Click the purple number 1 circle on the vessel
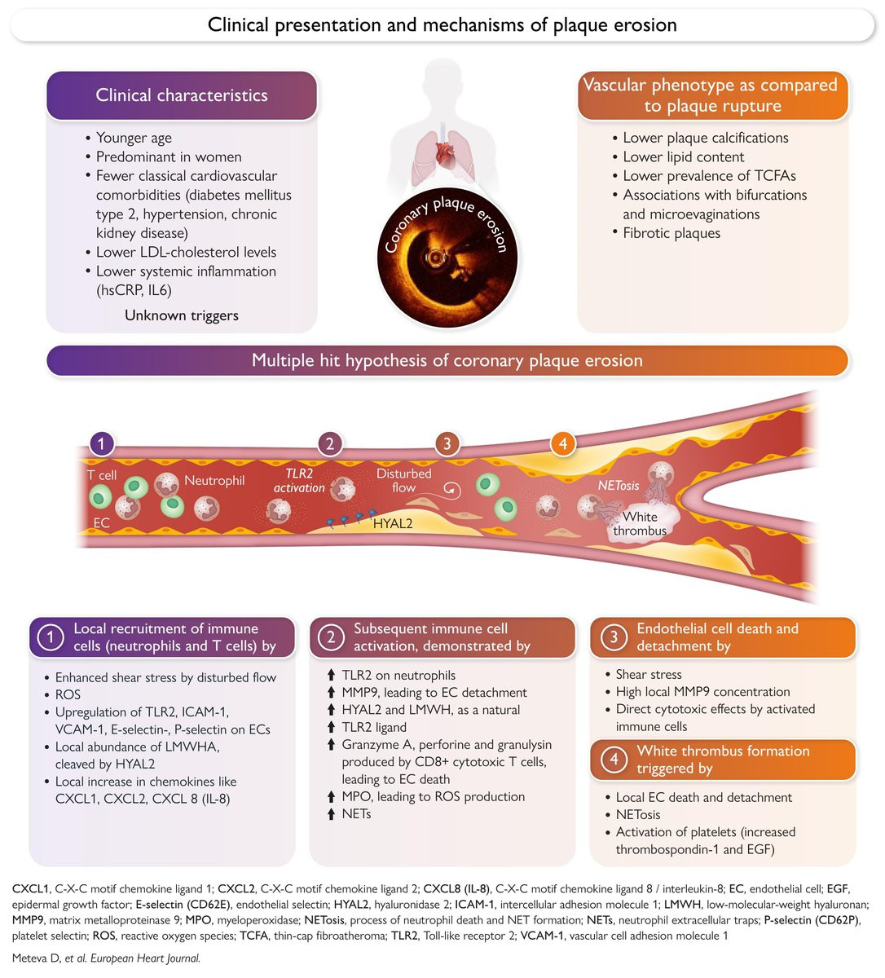101,443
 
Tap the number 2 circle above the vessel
330,443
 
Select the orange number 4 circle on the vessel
563,443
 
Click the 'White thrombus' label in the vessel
640,523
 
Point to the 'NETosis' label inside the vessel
619,485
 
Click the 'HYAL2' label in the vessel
393,523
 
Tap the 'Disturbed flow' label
403,480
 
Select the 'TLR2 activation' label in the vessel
299,480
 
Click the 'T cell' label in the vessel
101,475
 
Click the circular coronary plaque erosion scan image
447,257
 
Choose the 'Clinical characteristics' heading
182,95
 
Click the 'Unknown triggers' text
182,315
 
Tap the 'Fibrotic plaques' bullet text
671,233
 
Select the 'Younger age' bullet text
134,138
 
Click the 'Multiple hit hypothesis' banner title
447,360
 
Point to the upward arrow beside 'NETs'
331,813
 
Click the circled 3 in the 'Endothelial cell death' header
614,637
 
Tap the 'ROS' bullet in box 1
68,694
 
